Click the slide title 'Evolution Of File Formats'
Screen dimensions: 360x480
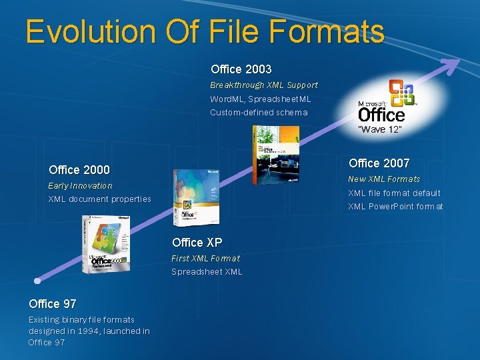(x=205, y=31)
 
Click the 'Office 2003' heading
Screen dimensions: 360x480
(x=241, y=69)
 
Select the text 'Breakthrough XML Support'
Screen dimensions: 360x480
(x=264, y=85)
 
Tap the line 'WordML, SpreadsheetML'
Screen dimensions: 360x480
(x=261, y=99)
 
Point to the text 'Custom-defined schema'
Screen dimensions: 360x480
(x=259, y=112)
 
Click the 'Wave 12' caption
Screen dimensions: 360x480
(x=379, y=129)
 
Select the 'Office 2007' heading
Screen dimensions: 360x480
(x=379, y=163)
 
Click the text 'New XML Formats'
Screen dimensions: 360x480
(x=384, y=179)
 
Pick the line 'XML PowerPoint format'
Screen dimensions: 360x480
(x=395, y=206)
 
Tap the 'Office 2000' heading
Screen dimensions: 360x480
(x=79, y=170)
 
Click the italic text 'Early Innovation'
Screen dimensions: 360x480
(x=80, y=185)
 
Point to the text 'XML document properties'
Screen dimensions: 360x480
(x=99, y=199)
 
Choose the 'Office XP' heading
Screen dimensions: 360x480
(x=197, y=243)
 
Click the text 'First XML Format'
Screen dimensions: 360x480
(x=205, y=258)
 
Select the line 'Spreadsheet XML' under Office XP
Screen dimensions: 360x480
(x=207, y=271)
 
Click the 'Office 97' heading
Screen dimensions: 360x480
(x=52, y=304)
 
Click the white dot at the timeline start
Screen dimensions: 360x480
(x=39, y=281)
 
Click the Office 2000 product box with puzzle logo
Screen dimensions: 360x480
(x=106, y=245)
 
